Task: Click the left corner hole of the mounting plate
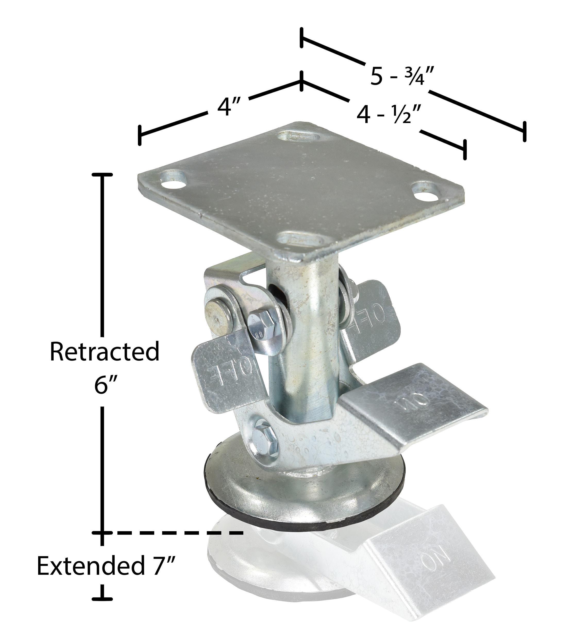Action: pos(173,183)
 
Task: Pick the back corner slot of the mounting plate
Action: pos(298,137)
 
